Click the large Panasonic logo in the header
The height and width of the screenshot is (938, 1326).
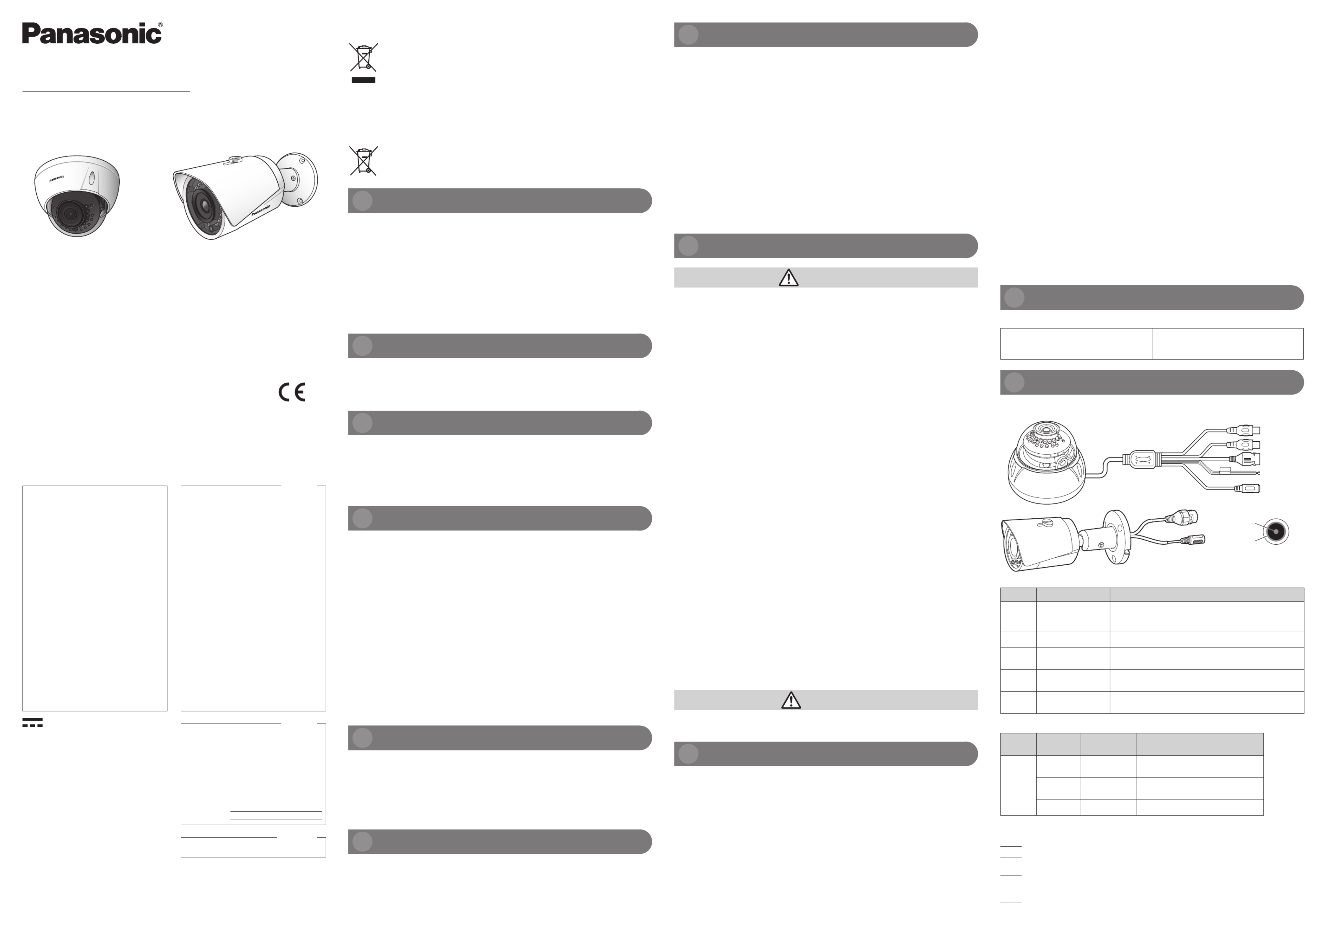(92, 33)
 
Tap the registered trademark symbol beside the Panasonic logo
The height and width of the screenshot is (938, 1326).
(161, 25)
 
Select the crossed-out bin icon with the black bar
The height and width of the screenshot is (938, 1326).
(363, 62)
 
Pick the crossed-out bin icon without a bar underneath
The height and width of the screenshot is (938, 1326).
(363, 161)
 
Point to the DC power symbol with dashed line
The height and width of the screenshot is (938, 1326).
(32, 723)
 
